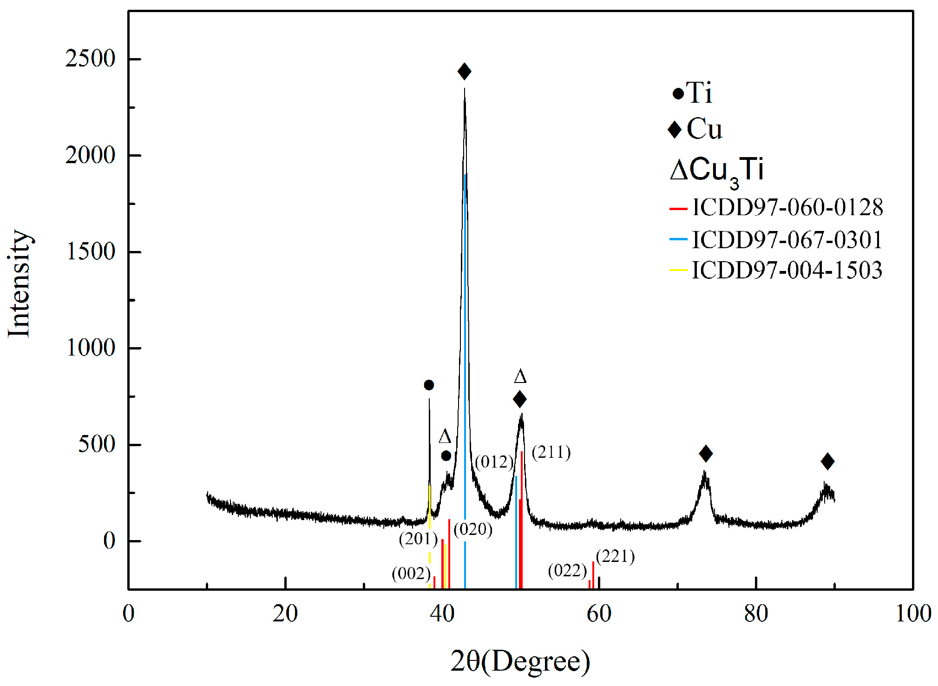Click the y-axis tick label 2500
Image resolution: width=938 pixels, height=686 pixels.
[x=90, y=59]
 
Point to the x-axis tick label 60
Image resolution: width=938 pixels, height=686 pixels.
[x=599, y=614]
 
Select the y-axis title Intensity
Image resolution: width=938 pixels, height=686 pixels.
[x=20, y=284]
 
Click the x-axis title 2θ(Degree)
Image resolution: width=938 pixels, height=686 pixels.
[x=520, y=661]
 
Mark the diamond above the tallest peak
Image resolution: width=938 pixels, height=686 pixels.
[x=464, y=72]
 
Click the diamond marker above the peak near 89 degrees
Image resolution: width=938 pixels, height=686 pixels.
[x=827, y=462]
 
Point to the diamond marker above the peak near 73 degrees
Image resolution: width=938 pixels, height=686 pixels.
[x=706, y=454]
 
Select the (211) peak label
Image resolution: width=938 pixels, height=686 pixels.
[x=551, y=452]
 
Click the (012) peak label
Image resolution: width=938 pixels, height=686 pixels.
[x=494, y=462]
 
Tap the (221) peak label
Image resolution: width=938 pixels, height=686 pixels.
[x=615, y=556]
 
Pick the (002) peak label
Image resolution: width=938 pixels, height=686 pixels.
[x=411, y=574]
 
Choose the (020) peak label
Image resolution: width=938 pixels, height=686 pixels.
[x=473, y=529]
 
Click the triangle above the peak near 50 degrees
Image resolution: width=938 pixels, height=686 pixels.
[x=520, y=376]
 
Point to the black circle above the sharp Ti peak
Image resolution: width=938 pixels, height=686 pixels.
[x=429, y=385]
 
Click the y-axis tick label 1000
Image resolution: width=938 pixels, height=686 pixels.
[x=90, y=348]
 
